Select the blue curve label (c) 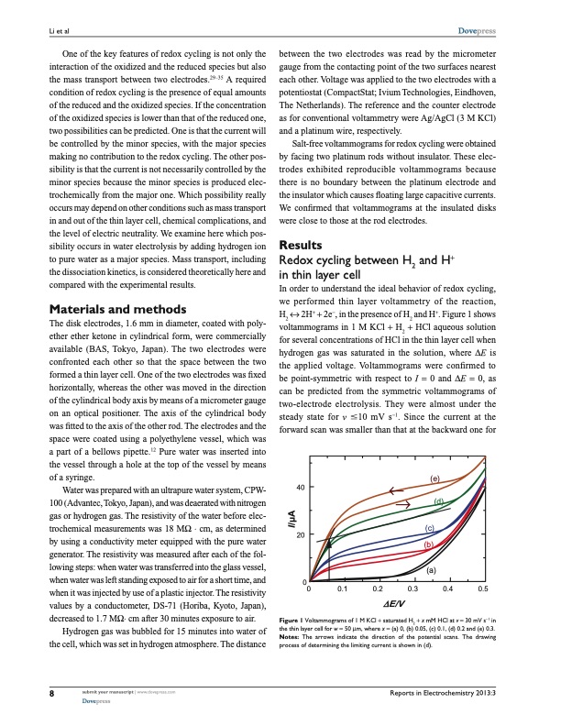429,530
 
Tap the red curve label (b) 429,544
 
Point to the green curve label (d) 439,501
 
